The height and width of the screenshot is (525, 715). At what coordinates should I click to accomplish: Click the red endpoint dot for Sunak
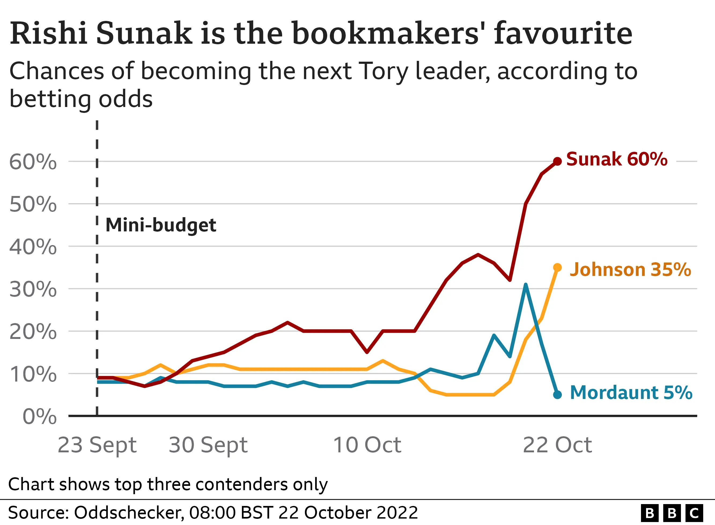pyautogui.click(x=557, y=161)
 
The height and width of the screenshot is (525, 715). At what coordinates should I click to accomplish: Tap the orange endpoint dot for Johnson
pyautogui.click(x=557, y=268)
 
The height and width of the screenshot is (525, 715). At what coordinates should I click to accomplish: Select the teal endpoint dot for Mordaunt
pyautogui.click(x=557, y=395)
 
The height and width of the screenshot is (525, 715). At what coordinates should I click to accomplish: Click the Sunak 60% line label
pyautogui.click(x=617, y=159)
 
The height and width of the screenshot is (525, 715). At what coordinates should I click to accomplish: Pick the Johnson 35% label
pyautogui.click(x=630, y=269)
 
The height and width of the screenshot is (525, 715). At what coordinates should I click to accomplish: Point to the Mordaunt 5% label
pyautogui.click(x=631, y=393)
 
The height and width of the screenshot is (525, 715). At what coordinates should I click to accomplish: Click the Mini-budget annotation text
pyautogui.click(x=161, y=225)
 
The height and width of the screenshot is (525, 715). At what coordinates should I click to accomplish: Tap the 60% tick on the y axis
pyautogui.click(x=33, y=162)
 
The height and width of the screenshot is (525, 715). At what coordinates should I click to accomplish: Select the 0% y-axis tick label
pyautogui.click(x=39, y=416)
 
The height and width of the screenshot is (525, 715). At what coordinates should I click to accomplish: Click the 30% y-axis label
pyautogui.click(x=33, y=290)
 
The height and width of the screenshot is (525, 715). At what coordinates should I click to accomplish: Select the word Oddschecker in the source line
pyautogui.click(x=128, y=512)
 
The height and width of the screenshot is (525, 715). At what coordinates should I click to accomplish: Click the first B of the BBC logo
pyautogui.click(x=650, y=513)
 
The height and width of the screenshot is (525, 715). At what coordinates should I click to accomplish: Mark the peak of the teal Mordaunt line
pyautogui.click(x=526, y=284)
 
